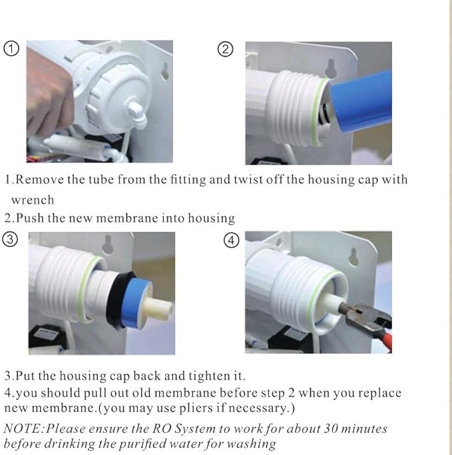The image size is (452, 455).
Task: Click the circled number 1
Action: tap(12, 48)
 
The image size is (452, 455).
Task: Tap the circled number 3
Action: tap(11, 240)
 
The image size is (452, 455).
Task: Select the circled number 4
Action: tap(231, 240)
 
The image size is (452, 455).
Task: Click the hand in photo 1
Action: tap(48, 101)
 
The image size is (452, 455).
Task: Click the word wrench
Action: tap(33, 199)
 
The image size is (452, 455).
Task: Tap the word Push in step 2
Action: tap(29, 218)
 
